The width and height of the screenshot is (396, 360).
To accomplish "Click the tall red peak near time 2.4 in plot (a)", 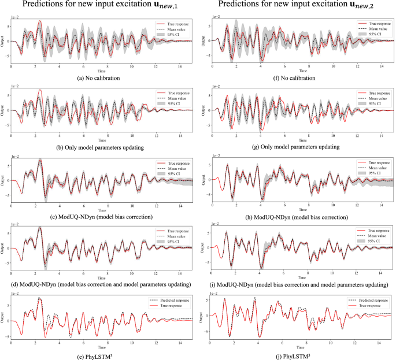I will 39,21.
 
